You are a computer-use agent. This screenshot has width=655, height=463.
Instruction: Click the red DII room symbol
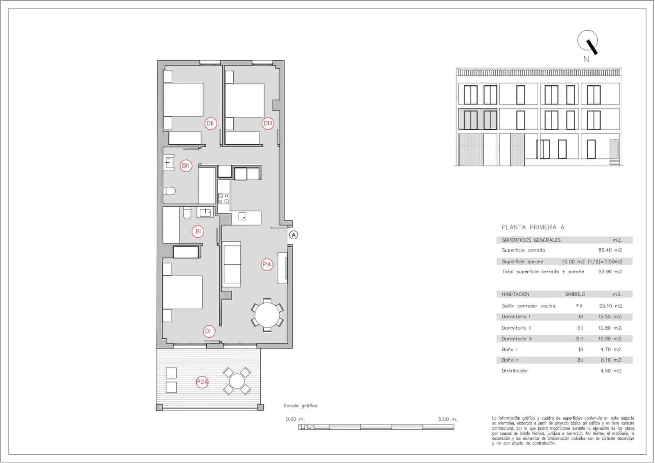[x=210, y=123]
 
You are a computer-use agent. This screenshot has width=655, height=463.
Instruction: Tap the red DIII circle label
[x=268, y=123]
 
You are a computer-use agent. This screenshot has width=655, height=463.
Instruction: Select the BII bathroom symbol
[x=186, y=166]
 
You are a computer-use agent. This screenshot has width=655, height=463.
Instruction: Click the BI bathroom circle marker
[x=198, y=231]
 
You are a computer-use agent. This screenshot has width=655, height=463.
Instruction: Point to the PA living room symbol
[x=267, y=265]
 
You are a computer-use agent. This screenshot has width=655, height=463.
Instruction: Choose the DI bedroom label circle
[x=208, y=331]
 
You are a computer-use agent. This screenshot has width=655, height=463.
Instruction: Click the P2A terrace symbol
[x=202, y=383]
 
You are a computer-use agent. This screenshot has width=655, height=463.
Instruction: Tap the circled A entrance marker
[x=294, y=235]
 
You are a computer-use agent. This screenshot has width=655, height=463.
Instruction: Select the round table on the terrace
[x=237, y=381]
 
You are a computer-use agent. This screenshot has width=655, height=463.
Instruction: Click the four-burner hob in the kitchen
[x=224, y=199]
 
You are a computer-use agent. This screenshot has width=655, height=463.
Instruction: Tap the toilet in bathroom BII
[x=169, y=191]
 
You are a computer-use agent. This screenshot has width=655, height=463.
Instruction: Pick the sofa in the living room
[x=231, y=264]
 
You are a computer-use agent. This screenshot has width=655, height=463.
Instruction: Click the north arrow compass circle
[x=587, y=41]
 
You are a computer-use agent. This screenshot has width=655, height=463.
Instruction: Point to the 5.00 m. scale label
[x=447, y=420]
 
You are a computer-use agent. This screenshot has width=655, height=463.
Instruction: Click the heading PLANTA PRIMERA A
[x=533, y=227]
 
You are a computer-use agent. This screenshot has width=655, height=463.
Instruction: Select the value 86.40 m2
[x=610, y=250]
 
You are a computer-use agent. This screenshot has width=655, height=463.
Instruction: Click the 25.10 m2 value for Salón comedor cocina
[x=610, y=306]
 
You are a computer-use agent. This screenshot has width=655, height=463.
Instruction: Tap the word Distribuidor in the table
[x=515, y=371]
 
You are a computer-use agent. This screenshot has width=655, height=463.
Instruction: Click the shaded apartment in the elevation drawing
[x=477, y=119]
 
